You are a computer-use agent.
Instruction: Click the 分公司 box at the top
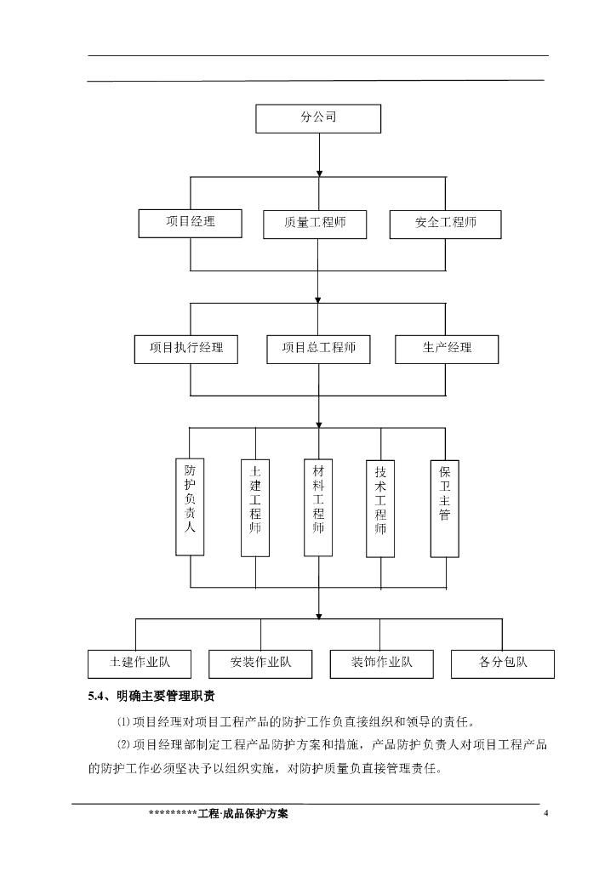(318, 118)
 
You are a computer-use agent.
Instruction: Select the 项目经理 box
(191, 223)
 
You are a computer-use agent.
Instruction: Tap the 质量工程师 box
(315, 225)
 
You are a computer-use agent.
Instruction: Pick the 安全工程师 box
(446, 224)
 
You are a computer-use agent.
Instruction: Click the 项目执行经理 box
(186, 349)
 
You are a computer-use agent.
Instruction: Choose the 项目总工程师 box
(318, 349)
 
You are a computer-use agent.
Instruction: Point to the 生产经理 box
(447, 349)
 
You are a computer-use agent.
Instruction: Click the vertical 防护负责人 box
(190, 507)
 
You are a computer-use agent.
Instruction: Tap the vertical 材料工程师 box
(318, 507)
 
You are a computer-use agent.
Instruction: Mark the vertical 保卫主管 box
(444, 507)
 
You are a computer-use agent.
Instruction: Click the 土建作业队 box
(140, 663)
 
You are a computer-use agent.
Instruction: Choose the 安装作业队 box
(260, 663)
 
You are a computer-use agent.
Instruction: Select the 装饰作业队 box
(382, 663)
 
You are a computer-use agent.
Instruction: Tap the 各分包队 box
(503, 663)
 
